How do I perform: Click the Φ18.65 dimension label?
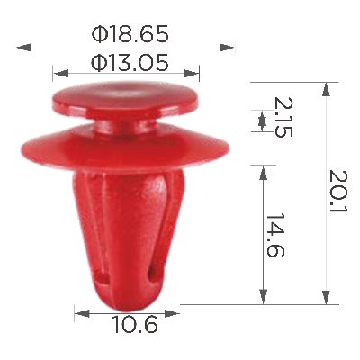coord(130,34)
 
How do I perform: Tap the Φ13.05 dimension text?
coord(130,63)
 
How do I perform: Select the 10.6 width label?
coord(135,325)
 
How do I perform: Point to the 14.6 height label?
coord(274,235)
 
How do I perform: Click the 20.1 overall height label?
coord(338,192)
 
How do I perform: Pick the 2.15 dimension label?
coord(283,117)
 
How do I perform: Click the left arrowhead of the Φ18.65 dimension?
coord(23,48)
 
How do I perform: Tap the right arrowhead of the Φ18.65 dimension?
coord(227,48)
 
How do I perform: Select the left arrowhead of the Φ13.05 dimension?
coord(61,73)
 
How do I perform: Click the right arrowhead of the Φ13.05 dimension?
coord(192,73)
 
